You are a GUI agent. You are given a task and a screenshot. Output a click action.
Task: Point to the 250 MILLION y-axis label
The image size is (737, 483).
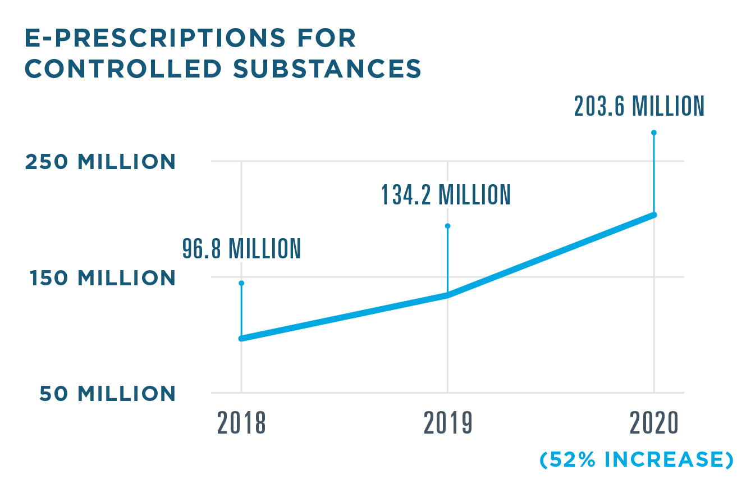point(100,162)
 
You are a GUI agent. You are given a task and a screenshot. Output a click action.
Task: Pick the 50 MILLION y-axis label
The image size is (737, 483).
point(107,394)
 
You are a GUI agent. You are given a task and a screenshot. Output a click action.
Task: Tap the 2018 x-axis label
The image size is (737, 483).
point(241,424)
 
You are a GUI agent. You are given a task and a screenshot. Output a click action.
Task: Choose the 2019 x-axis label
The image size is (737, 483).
point(448,424)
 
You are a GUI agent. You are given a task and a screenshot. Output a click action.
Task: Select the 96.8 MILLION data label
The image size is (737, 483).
point(241,249)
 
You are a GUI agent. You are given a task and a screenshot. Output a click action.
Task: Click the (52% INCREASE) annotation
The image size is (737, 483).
point(637,460)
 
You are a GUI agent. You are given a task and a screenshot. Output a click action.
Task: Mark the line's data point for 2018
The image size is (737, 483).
point(241,338)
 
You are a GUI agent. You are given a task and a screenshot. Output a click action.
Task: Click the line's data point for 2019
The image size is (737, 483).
point(448,294)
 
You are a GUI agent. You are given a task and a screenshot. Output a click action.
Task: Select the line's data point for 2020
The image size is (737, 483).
point(654,215)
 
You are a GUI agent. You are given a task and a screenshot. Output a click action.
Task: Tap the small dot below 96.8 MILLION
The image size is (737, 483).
point(241,283)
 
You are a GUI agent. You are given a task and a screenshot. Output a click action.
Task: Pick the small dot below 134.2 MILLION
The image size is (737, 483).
point(448,226)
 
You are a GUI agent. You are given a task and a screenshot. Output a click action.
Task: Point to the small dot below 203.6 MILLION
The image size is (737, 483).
point(654,133)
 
